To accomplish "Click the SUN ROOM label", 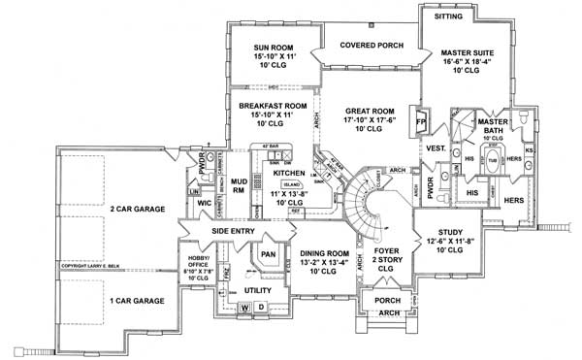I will coord(275,46).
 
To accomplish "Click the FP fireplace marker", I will coord(421,123).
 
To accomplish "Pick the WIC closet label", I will coord(205,204).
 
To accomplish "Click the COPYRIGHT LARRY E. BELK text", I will coord(101,265).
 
